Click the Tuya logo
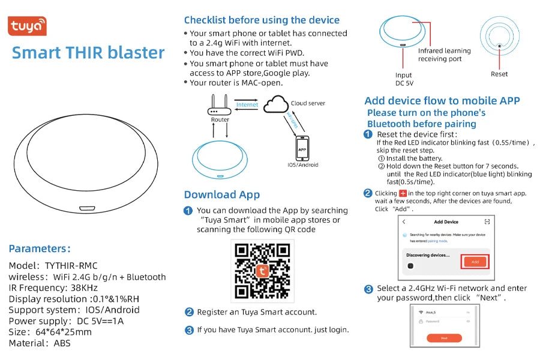point(27,26)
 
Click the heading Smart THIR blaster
point(88,53)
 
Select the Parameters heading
point(40,248)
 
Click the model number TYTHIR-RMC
point(71,265)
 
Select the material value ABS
point(61,343)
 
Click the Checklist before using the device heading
point(262,20)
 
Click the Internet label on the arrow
point(247,104)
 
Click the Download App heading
point(221,194)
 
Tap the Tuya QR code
point(262,271)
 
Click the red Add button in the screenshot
point(475,262)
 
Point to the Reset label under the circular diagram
point(499,74)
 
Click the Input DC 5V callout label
point(404,79)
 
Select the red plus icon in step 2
point(403,193)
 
